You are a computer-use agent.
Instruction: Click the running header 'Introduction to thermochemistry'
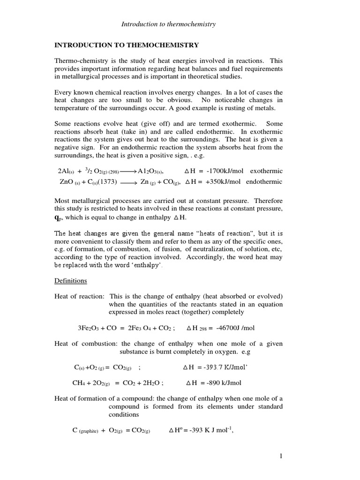[x=169, y=24]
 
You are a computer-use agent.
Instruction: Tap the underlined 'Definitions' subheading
[x=71, y=280]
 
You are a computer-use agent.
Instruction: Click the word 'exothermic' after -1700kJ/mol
[x=266, y=171]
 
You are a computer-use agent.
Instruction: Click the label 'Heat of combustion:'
[x=84, y=344]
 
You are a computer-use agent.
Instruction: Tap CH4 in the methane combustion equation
[x=78, y=382]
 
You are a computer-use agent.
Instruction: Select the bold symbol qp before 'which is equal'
[x=59, y=217]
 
